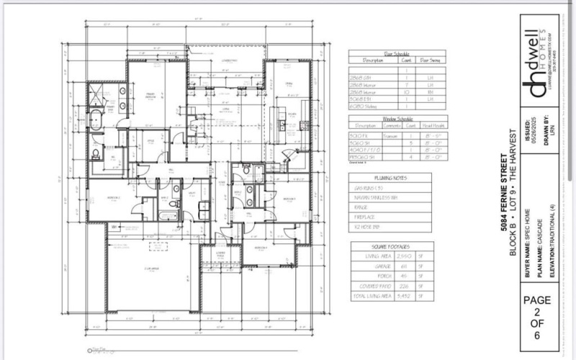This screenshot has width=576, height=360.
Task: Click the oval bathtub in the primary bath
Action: point(96,120)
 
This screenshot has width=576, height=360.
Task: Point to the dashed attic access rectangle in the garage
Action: point(158,246)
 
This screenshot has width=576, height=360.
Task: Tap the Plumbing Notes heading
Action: point(391,176)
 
